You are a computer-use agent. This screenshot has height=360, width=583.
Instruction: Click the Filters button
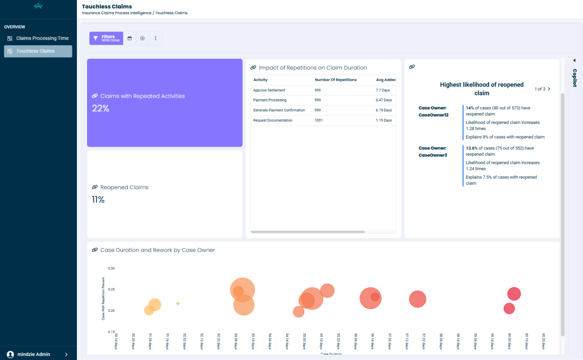pyautogui.click(x=106, y=38)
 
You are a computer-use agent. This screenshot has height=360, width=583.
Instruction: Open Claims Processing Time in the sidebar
pyautogui.click(x=42, y=38)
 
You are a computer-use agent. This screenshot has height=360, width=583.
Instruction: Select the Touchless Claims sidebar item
pyautogui.click(x=35, y=51)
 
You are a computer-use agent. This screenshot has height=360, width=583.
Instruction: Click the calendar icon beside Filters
pyautogui.click(x=129, y=38)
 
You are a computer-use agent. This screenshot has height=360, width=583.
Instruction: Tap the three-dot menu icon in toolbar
pyautogui.click(x=155, y=38)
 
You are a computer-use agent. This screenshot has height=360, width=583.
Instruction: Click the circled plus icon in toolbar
pyautogui.click(x=142, y=38)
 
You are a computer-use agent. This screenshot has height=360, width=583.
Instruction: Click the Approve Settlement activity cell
pyautogui.click(x=269, y=90)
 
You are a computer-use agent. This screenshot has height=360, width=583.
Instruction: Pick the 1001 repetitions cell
pyautogui.click(x=318, y=120)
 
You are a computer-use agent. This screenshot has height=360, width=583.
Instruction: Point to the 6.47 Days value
pyautogui.click(x=384, y=100)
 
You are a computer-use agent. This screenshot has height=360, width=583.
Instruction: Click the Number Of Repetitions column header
pyautogui.click(x=336, y=80)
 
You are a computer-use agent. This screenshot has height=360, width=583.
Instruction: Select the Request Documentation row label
pyautogui.click(x=272, y=120)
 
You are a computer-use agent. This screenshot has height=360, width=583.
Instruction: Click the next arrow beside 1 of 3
pyautogui.click(x=549, y=89)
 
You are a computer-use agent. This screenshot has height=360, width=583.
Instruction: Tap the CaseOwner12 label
pyautogui.click(x=433, y=115)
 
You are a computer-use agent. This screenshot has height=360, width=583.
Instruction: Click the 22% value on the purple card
pyautogui.click(x=100, y=108)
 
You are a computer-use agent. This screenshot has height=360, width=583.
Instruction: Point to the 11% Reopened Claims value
pyautogui.click(x=98, y=200)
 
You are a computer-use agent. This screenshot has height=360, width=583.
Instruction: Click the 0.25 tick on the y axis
pyautogui.click(x=111, y=289)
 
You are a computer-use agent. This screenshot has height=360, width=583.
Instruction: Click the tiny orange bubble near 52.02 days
pyautogui.click(x=178, y=303)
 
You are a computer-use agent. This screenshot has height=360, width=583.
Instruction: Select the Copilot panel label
pyautogui.click(x=574, y=77)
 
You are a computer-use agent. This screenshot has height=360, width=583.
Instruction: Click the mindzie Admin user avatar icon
pyautogui.click(x=10, y=354)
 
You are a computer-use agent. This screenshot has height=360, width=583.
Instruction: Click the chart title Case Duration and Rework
pyautogui.click(x=157, y=250)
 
